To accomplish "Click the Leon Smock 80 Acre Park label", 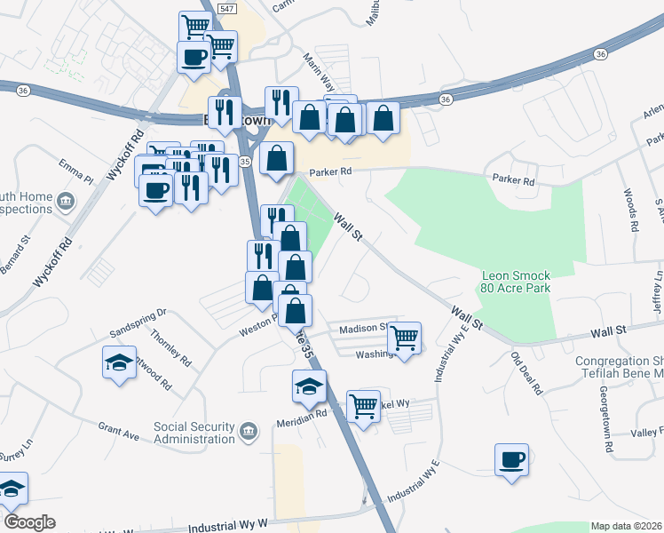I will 516,282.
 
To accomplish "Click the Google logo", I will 29,521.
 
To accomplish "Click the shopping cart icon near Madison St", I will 405,338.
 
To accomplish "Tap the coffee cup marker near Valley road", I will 511,460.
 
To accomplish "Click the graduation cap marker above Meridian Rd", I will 310,386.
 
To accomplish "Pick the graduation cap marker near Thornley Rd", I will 119,362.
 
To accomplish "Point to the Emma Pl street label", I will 76,171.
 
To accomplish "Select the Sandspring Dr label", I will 138,314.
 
